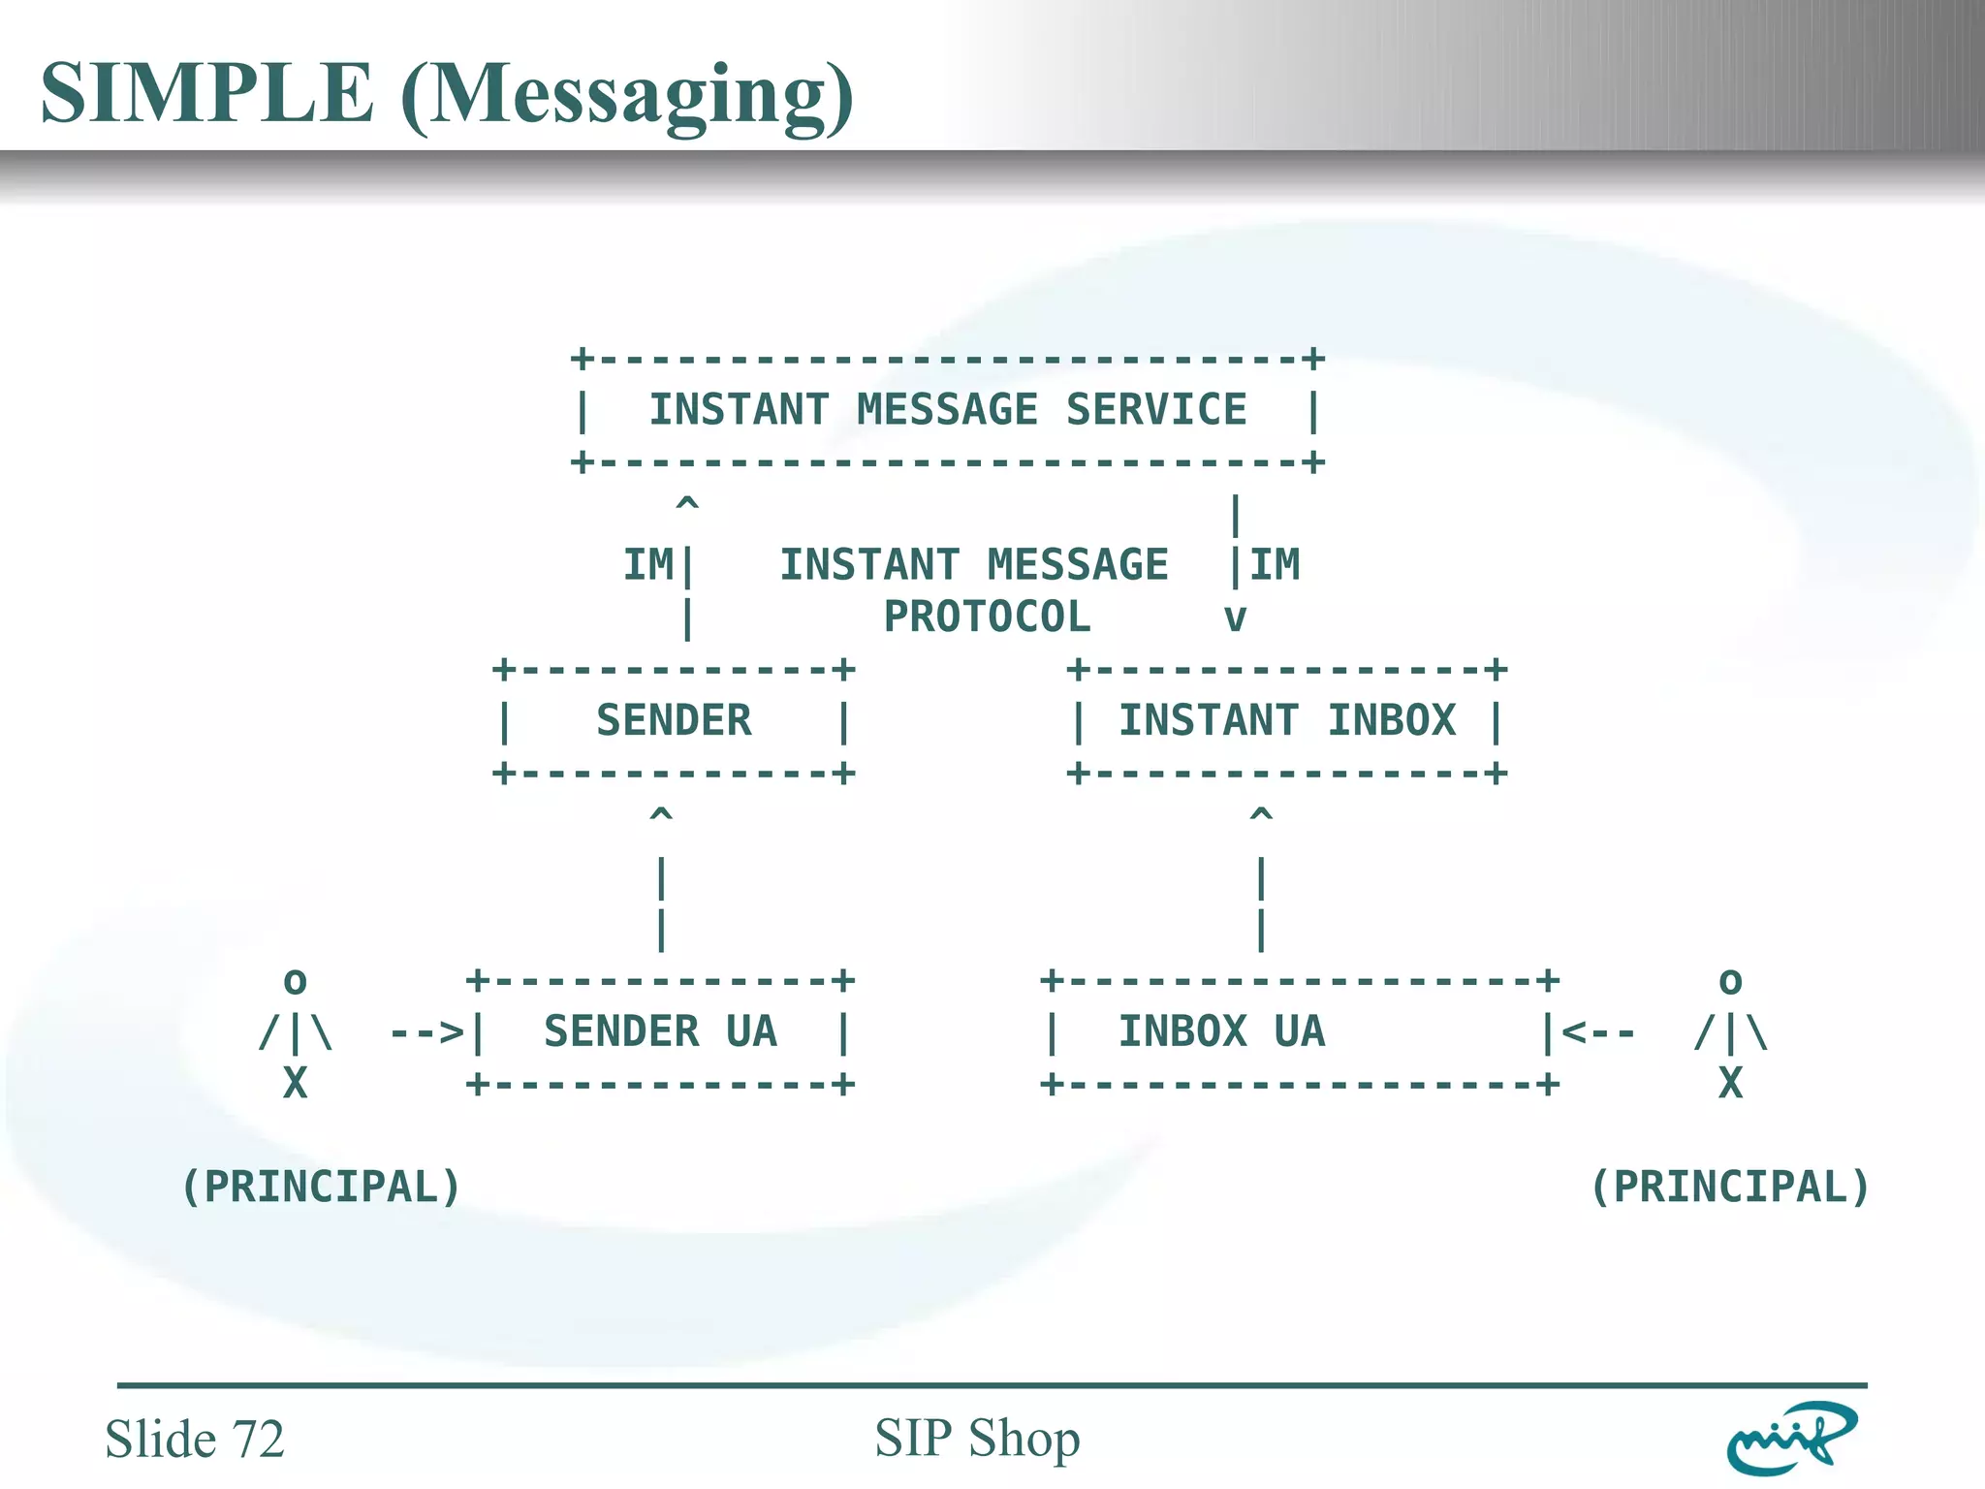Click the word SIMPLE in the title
click(x=206, y=93)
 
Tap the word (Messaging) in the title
click(x=627, y=95)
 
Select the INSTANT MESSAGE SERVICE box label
click(x=947, y=410)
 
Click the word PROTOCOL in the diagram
click(x=987, y=618)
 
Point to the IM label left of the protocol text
click(x=647, y=565)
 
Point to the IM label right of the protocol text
click(x=1275, y=565)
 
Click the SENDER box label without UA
click(x=674, y=720)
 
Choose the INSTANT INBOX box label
click(x=1287, y=720)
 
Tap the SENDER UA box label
click(x=660, y=1031)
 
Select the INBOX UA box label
click(x=1221, y=1031)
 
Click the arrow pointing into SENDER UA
click(x=427, y=1032)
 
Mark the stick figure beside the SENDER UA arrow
click(x=296, y=1032)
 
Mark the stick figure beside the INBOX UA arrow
click(x=1730, y=1032)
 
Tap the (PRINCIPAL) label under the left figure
click(x=321, y=1188)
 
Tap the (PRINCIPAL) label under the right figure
click(x=1730, y=1188)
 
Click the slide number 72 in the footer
click(x=257, y=1439)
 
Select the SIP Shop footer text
click(x=977, y=1438)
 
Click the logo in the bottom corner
click(x=1791, y=1438)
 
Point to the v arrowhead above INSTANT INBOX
click(x=1235, y=618)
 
